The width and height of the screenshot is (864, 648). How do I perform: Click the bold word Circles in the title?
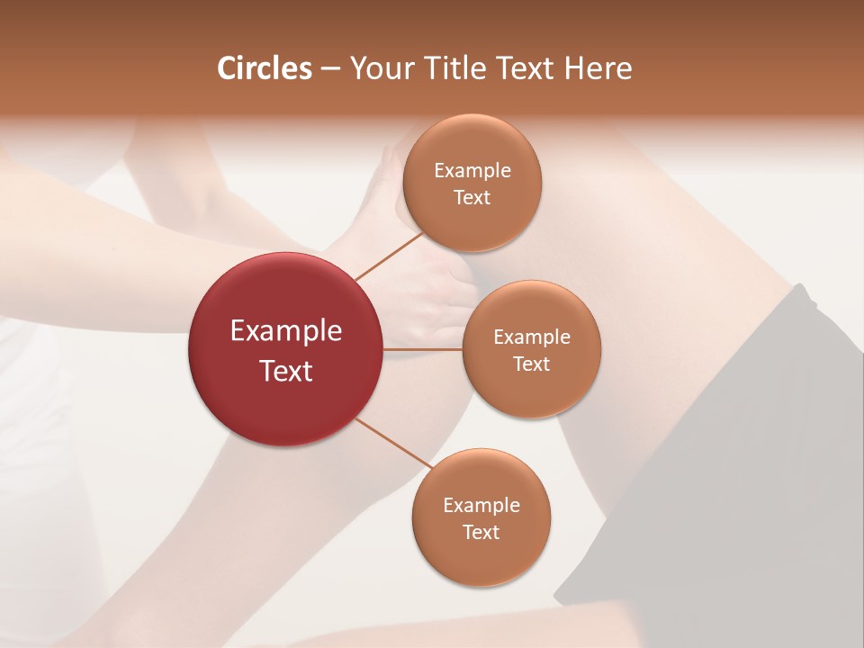(x=265, y=68)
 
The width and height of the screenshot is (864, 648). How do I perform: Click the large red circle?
(x=285, y=405)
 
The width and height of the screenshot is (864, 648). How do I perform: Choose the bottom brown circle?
(x=481, y=558)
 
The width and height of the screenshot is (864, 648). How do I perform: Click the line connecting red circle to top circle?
(x=389, y=256)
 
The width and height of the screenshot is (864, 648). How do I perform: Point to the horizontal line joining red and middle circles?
(x=423, y=349)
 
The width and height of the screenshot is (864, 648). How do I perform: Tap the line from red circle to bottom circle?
(x=394, y=444)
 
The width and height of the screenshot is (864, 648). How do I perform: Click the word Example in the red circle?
(x=285, y=331)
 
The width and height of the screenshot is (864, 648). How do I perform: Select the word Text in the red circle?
(x=285, y=371)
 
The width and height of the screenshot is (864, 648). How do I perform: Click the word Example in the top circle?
(x=472, y=171)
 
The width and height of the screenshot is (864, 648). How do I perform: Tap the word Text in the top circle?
(x=472, y=197)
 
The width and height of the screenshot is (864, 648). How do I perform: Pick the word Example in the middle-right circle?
(x=531, y=337)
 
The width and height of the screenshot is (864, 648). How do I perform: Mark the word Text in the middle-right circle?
(x=531, y=364)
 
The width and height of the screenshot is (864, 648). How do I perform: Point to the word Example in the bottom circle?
(x=481, y=506)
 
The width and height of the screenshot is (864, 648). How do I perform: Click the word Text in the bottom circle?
(x=481, y=532)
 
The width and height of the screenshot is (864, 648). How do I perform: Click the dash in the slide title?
(x=330, y=69)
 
